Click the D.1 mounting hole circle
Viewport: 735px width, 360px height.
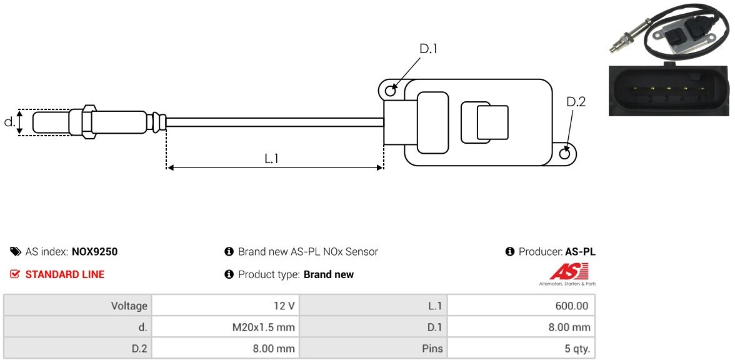coord(391,91)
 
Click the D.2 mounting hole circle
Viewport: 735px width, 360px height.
coord(565,153)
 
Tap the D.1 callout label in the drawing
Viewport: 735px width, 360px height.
coord(428,49)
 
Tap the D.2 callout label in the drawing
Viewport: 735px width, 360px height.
coord(576,102)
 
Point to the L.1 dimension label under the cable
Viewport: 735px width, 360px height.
coord(271,159)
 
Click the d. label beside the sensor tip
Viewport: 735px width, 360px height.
coord(9,122)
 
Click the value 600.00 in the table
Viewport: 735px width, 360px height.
coord(573,306)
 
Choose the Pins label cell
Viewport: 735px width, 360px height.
coord(432,348)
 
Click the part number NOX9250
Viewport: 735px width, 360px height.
coord(94,252)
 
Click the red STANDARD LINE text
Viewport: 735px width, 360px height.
coord(64,274)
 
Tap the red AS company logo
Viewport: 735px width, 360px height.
coord(568,272)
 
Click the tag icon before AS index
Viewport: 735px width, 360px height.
coord(16,252)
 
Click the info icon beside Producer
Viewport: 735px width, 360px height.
coord(509,252)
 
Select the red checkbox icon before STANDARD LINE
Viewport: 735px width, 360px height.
coord(16,274)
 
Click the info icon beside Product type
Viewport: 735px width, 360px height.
coord(229,274)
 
